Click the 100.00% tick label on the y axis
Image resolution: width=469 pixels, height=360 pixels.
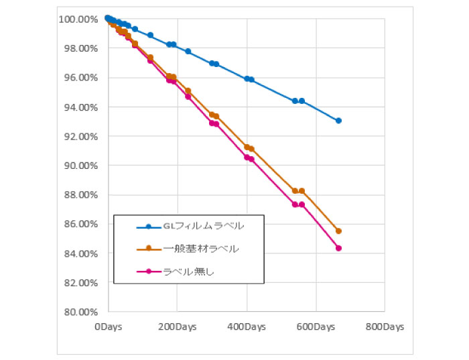coord(79,19)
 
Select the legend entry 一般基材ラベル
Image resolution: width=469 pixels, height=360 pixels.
coord(201,249)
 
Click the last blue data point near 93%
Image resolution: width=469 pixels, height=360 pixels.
coord(338,121)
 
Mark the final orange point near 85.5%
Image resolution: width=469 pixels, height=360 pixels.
coord(338,231)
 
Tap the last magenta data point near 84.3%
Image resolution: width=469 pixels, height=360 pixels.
coord(338,248)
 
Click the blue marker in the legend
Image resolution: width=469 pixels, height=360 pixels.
coord(149,227)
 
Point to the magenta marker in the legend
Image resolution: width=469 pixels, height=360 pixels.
coord(149,272)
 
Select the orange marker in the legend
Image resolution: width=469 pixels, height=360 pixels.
coord(149,249)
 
